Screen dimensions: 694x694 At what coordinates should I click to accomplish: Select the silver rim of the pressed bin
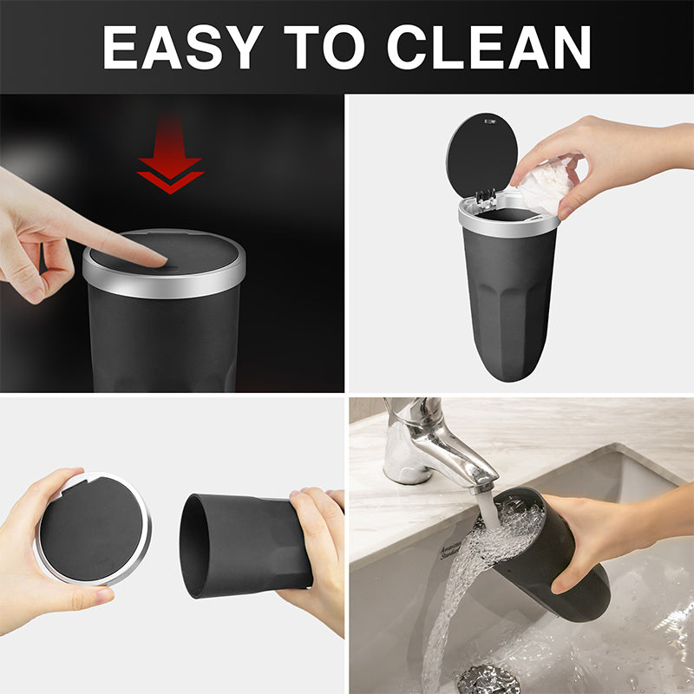pos(165,285)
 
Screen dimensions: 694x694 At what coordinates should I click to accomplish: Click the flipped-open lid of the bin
pos(481,154)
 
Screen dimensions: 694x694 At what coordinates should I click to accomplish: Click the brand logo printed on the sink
pos(452,548)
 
